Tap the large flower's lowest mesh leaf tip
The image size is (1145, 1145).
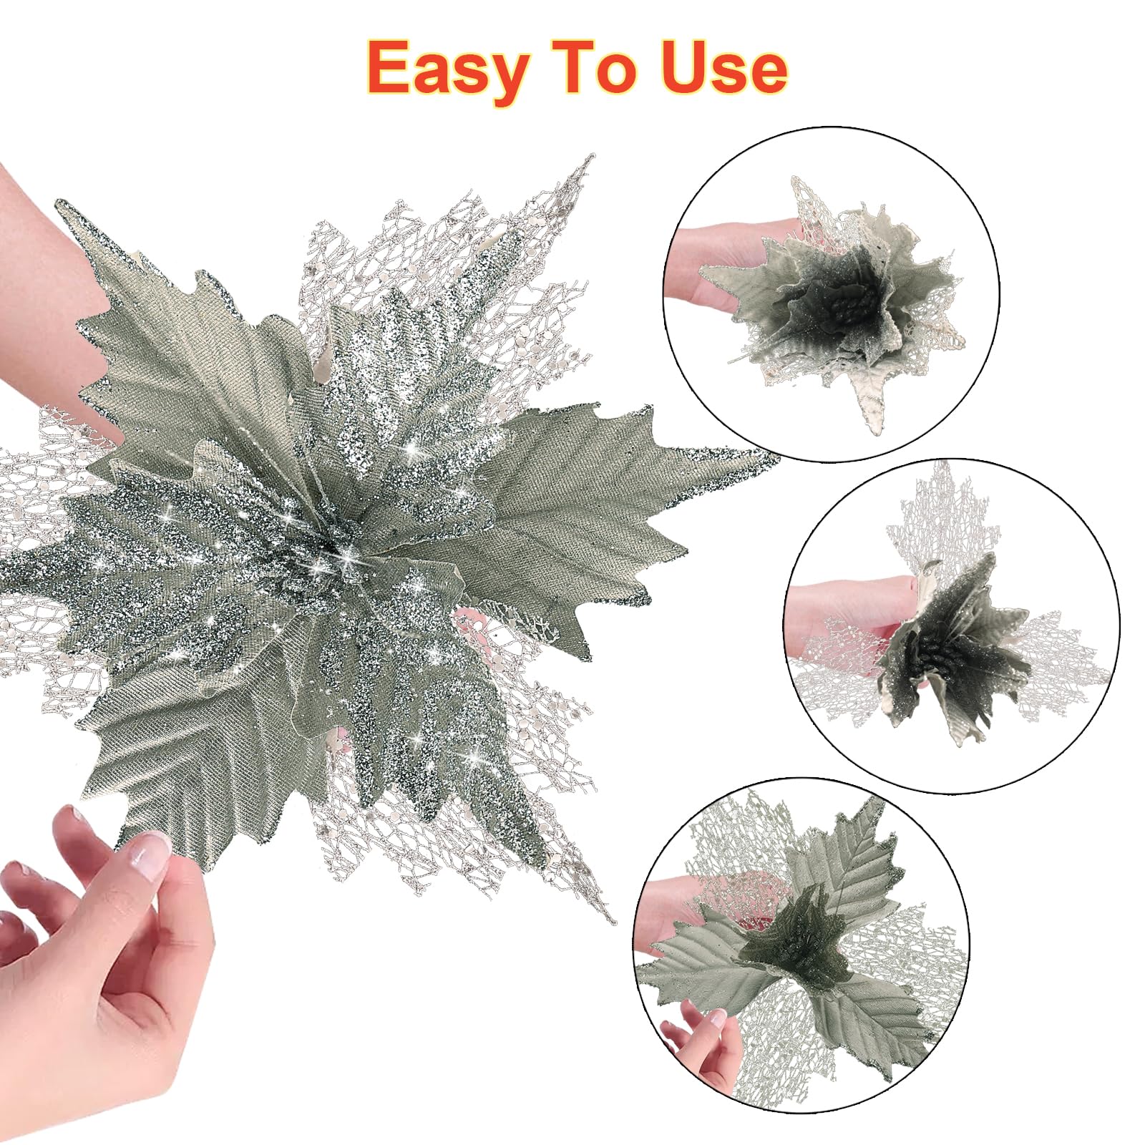point(612,920)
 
